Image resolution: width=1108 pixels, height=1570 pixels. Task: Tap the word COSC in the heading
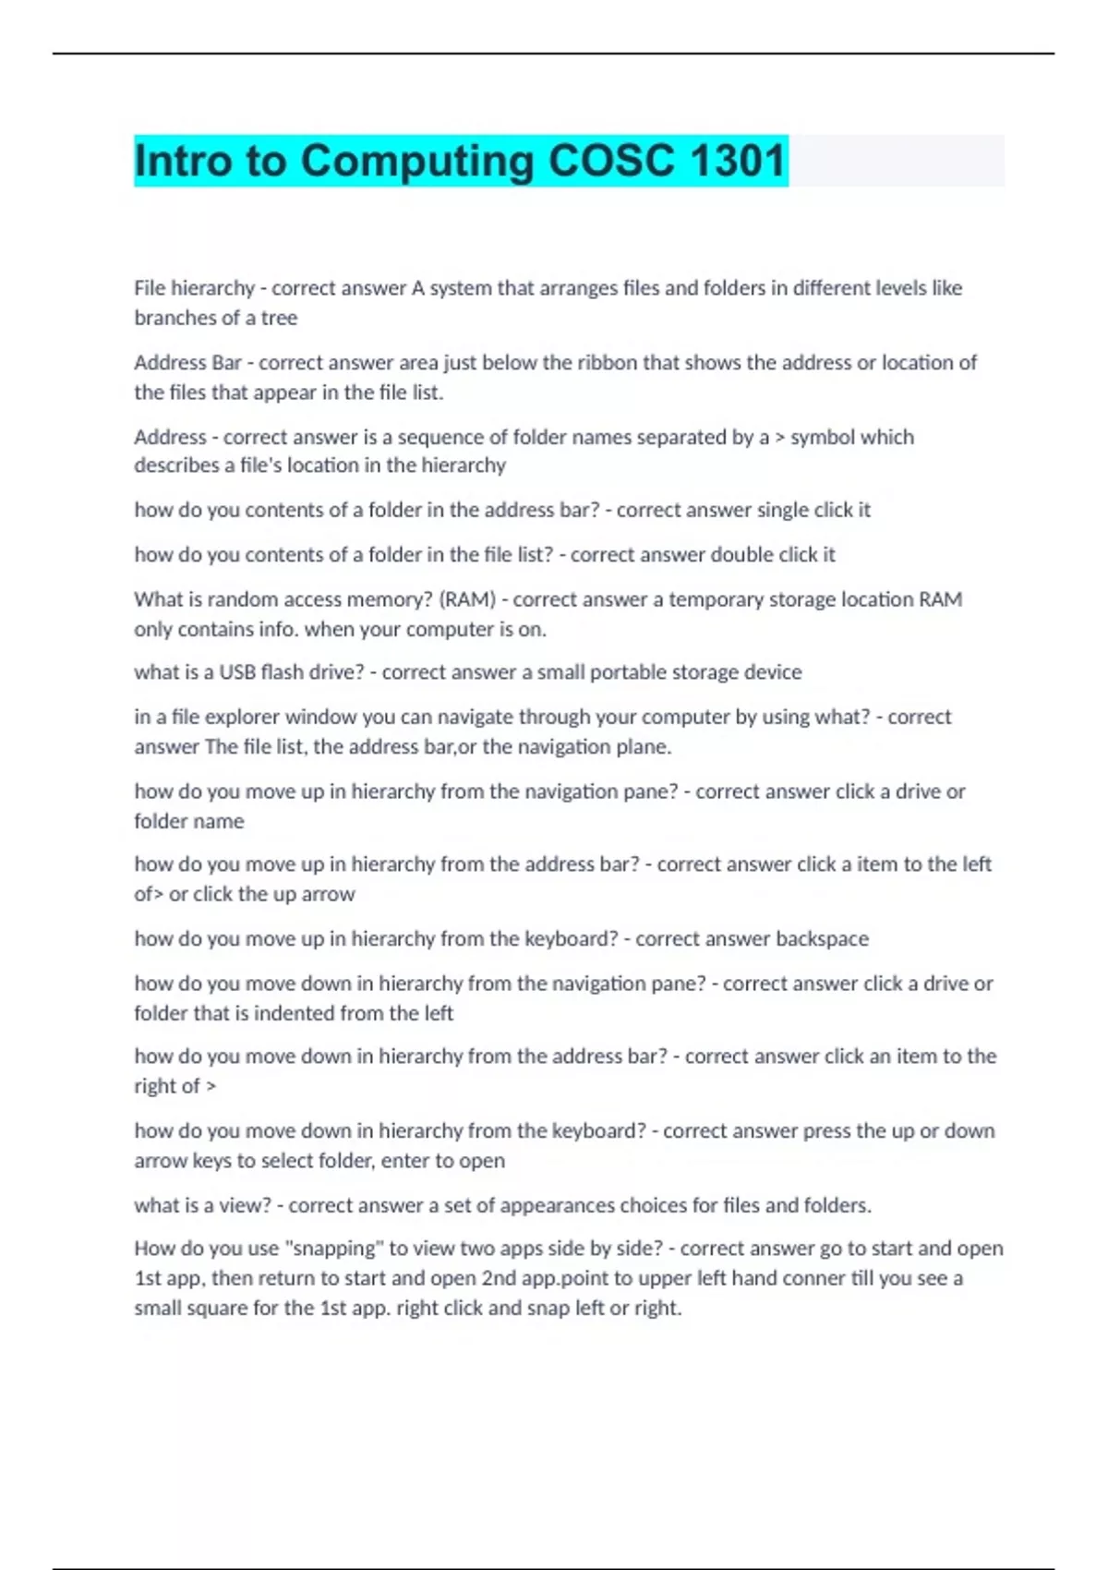(611, 161)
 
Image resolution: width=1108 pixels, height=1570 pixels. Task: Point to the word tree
(279, 318)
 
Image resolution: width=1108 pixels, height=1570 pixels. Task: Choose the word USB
(237, 672)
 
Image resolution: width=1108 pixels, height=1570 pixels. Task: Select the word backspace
(822, 938)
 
